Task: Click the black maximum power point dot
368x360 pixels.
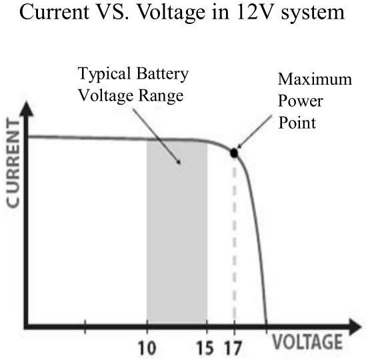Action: pos(234,153)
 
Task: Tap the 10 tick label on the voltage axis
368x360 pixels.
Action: pos(147,347)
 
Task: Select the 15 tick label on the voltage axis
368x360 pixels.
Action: pos(205,347)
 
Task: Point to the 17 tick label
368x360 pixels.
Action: pos(233,347)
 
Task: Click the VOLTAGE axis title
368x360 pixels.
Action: pos(307,342)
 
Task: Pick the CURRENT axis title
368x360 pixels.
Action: pos(13,164)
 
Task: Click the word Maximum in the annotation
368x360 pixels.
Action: pos(315,79)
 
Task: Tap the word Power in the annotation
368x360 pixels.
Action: pos(301,101)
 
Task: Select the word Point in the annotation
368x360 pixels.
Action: pos(297,123)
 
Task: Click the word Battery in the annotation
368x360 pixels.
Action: pos(163,74)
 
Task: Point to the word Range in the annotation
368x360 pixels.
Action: pos(161,96)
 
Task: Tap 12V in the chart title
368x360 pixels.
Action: pos(255,12)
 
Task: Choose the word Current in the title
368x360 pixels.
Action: pos(54,12)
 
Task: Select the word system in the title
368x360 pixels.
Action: pos(313,13)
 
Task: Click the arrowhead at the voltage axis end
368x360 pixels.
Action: pos(355,327)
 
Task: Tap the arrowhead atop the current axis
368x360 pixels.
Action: pos(27,109)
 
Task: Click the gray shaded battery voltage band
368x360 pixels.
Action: pos(177,232)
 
